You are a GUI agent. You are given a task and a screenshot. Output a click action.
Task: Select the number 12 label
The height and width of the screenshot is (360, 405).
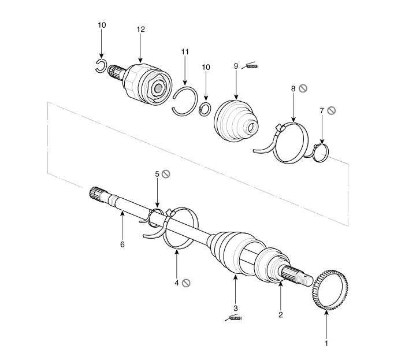(141, 29)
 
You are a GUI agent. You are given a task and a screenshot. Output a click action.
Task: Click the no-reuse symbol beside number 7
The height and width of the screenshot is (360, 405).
(331, 110)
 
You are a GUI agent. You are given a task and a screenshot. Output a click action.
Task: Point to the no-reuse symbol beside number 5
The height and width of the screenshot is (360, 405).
(165, 173)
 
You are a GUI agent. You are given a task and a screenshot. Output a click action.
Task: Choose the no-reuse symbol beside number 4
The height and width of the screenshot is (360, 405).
(185, 283)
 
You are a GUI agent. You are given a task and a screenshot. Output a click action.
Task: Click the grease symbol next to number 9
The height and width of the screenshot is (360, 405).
(251, 66)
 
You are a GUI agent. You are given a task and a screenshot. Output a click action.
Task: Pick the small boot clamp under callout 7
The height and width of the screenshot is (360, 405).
(321, 153)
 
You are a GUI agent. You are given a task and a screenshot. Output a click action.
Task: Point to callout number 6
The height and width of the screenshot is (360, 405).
(122, 244)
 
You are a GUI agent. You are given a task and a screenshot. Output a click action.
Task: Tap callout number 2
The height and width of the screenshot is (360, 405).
(280, 314)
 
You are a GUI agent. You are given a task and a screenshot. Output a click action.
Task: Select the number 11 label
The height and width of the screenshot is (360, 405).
(185, 51)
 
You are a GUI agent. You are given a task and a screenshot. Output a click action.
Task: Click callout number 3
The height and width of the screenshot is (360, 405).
(235, 309)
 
